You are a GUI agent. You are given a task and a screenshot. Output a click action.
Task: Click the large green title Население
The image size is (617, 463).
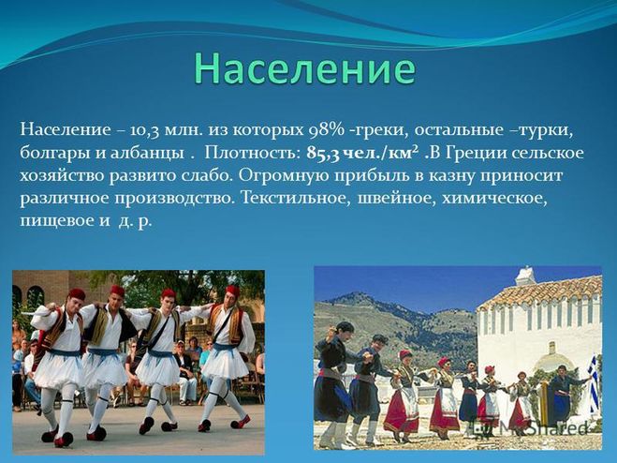pos(304,69)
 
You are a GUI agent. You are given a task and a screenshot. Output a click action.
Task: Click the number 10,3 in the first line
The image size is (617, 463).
pos(144,130)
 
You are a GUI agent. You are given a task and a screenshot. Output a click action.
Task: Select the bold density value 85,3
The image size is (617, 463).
pos(323,154)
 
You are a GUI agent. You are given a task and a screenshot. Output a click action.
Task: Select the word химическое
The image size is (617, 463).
pos(494,198)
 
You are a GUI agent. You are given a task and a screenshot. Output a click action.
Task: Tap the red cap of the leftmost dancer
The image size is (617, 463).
pos(77,294)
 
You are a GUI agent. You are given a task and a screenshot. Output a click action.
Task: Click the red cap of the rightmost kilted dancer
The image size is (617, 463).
pos(232,291)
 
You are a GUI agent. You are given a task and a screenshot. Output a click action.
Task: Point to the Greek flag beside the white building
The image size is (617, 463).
pos(593,380)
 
